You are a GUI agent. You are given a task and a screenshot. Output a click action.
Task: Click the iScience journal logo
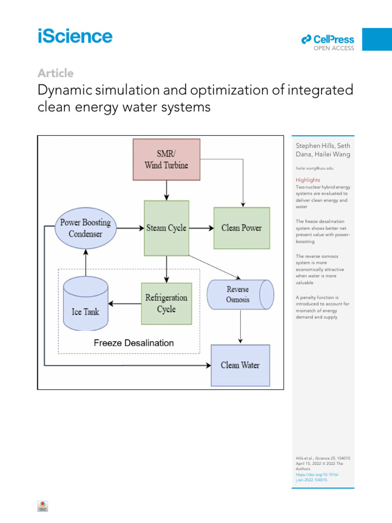point(75,37)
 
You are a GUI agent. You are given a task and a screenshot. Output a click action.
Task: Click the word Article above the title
point(56,73)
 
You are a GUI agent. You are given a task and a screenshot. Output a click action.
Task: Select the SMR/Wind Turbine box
point(166,159)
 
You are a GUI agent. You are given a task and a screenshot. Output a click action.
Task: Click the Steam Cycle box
point(166,228)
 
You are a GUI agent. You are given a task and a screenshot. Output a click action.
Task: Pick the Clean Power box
point(241,228)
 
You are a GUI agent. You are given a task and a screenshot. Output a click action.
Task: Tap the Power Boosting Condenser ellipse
point(85,228)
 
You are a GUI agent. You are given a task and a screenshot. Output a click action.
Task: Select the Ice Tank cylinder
point(85,305)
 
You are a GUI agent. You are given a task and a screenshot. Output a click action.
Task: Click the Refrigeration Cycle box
point(166,303)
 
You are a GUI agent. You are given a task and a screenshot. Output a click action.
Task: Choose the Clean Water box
point(240,365)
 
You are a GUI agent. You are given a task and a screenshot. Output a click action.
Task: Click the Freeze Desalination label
point(134,343)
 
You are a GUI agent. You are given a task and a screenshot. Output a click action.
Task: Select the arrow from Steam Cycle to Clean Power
point(201,228)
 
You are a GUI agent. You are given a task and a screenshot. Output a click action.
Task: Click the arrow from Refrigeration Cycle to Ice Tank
point(125,304)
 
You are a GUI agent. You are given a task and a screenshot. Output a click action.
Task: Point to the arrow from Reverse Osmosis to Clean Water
point(240,327)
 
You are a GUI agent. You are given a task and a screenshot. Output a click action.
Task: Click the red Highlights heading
point(308,180)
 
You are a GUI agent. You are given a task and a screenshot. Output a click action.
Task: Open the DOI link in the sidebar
point(317,477)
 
